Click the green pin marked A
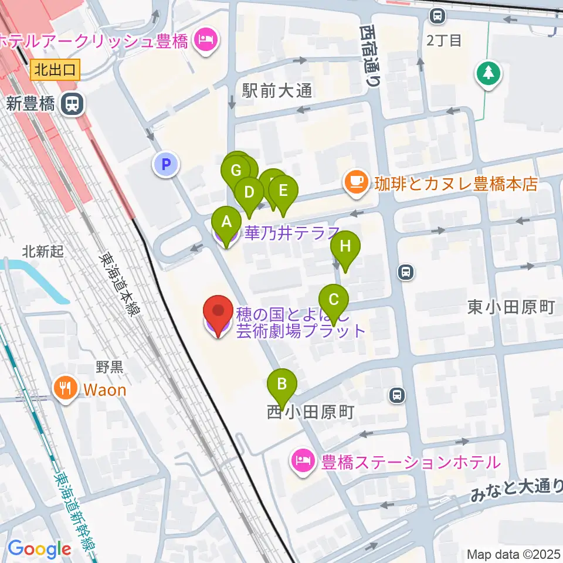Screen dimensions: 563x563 226,223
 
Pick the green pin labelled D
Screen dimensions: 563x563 249,192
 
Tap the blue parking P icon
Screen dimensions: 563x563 166,164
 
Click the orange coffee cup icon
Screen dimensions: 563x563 355,184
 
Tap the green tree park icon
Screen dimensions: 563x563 487,73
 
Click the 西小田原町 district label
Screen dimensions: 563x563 310,412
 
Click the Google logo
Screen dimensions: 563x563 39,550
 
